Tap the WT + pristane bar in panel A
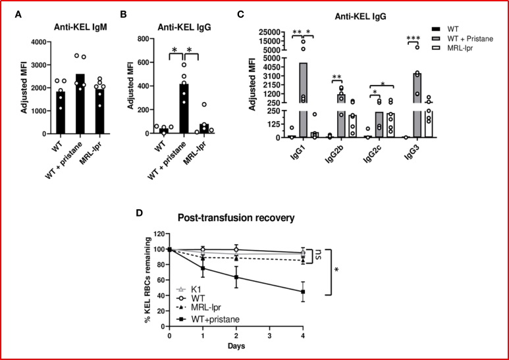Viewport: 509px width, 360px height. (80, 104)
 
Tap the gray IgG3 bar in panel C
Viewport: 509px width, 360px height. (417, 105)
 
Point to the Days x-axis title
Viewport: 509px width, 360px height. (236, 346)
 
